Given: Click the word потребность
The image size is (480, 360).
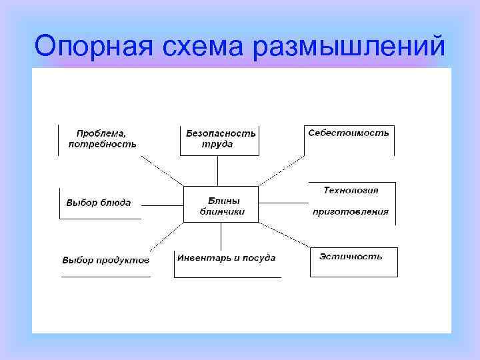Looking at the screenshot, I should point(103,143).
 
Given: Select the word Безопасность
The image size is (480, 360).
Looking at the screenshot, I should point(221,133).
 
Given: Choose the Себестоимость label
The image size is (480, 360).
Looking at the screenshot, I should point(349,133).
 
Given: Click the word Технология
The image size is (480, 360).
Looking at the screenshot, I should point(351,190).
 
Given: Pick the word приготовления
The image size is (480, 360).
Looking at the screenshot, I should point(351,212).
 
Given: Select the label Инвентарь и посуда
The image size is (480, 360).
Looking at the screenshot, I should point(226,258).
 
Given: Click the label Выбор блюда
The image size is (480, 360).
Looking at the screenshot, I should point(98,202).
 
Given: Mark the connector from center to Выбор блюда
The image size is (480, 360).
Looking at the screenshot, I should point(163,205).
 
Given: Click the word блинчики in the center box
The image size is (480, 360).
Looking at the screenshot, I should point(223,212).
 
